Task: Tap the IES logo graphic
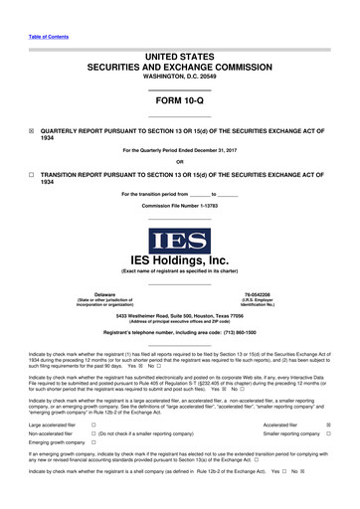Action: (x=179, y=242)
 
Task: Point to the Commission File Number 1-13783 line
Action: (x=179, y=205)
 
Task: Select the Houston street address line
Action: (x=179, y=315)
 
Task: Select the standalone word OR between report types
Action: (x=179, y=164)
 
